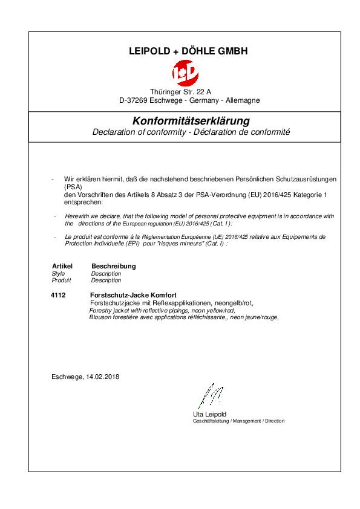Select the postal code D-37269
131,100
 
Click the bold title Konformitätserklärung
182,121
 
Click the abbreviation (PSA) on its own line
73,187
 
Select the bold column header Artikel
62,266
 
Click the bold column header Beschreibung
113,266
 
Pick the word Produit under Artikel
62,280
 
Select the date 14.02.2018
103,377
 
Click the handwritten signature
208,397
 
